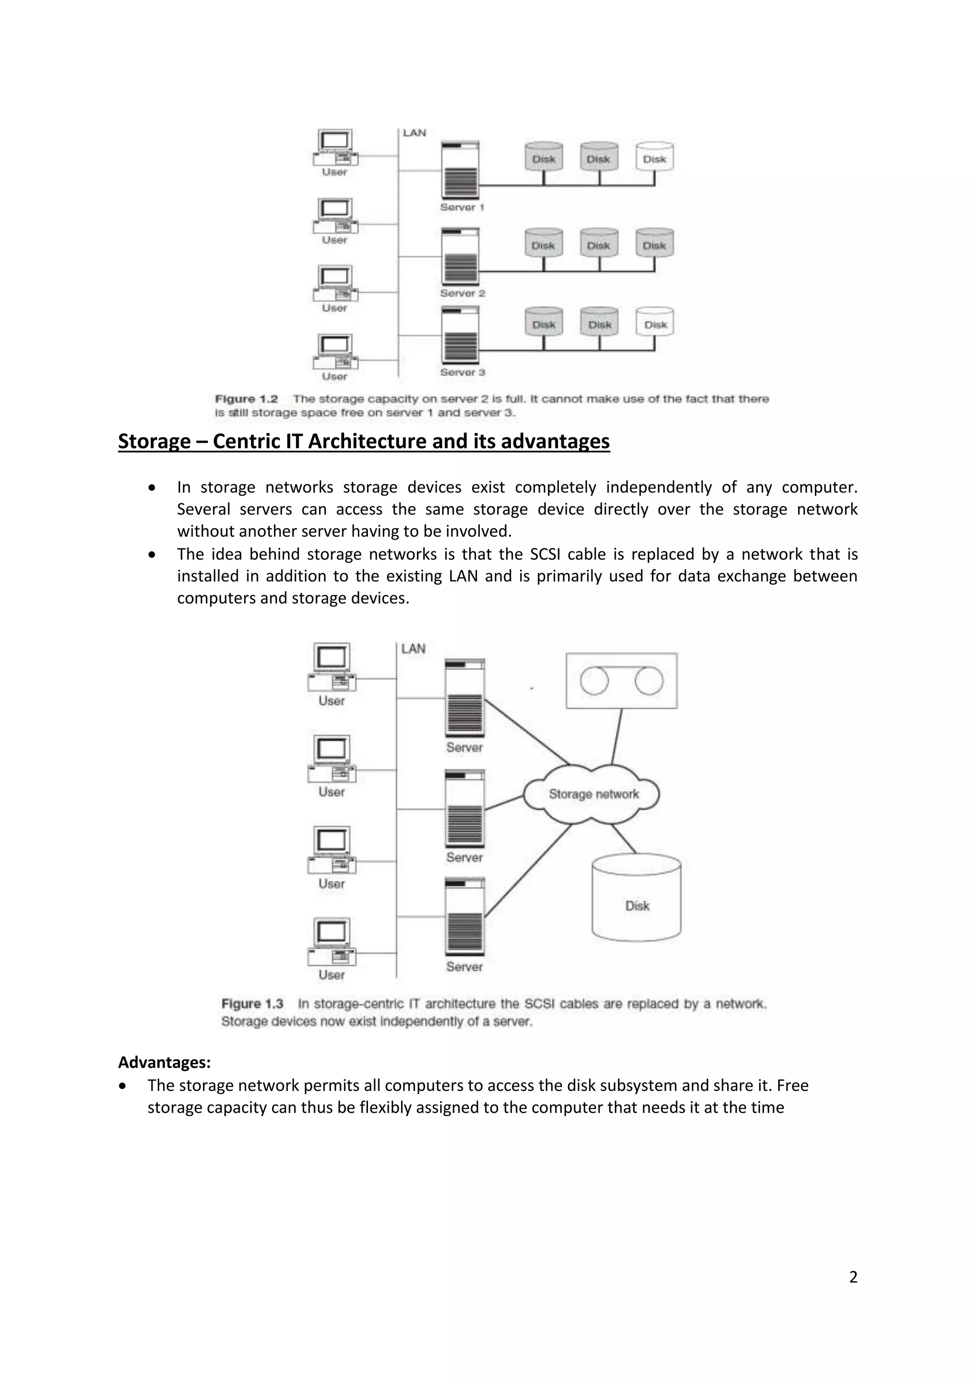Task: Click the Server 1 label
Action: click(462, 207)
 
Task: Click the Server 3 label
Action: click(462, 372)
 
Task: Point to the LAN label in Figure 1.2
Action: click(414, 133)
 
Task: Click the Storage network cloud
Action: click(592, 794)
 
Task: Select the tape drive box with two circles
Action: click(621, 681)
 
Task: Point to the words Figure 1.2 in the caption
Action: click(246, 400)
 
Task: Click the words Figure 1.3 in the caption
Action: click(253, 1004)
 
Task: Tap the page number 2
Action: click(853, 1277)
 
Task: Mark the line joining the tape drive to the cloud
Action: click(617, 736)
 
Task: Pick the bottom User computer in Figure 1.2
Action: click(335, 352)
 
